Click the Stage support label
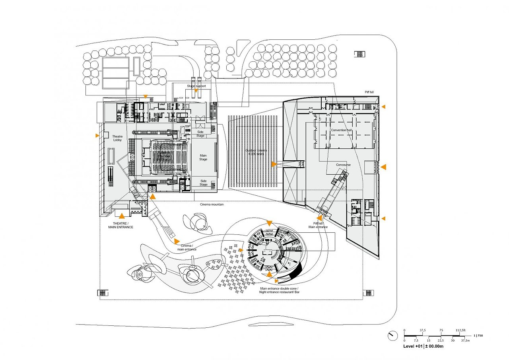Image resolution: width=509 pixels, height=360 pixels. click(x=196, y=86)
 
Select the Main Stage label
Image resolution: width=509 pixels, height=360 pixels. click(x=203, y=157)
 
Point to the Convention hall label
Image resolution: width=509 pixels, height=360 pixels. click(x=341, y=130)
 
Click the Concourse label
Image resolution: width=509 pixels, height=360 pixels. click(x=343, y=165)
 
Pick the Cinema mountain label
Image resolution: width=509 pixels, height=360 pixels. click(x=212, y=204)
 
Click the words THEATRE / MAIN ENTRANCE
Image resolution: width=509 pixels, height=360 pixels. click(x=120, y=226)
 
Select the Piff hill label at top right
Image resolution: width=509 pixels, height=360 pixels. click(x=369, y=92)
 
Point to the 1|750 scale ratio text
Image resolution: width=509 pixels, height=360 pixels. click(x=478, y=336)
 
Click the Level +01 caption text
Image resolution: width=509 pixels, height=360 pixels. click(x=423, y=346)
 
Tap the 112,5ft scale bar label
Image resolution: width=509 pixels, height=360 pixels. click(x=463, y=330)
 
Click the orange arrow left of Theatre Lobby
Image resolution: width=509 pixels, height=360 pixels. click(x=97, y=136)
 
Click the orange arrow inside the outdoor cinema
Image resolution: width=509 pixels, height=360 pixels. click(x=274, y=164)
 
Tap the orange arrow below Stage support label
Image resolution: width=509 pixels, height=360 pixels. click(x=196, y=91)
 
